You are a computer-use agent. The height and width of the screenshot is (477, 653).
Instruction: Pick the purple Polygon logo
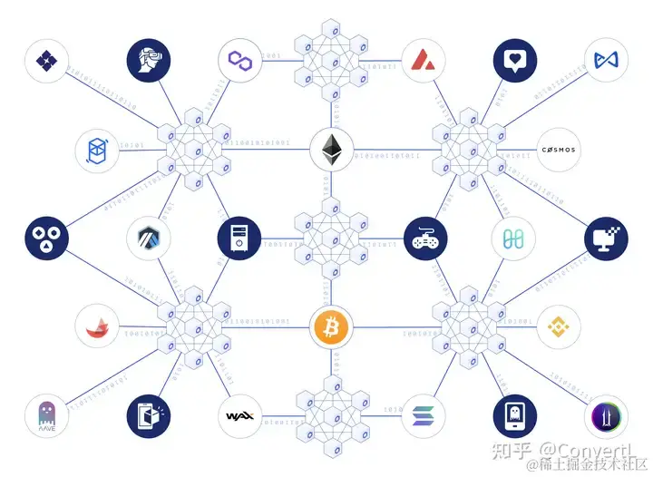coord(240,61)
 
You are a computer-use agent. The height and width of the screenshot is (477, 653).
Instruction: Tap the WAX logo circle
coord(240,417)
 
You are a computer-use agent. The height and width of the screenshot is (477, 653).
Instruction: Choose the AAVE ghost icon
coord(46,417)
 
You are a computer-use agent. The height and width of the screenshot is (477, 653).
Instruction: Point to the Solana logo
coord(423,417)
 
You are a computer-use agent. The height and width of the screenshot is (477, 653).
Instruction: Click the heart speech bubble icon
coord(515,61)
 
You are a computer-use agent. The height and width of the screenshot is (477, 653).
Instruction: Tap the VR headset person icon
coord(148,61)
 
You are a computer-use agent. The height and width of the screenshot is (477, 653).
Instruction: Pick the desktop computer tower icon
coord(239,238)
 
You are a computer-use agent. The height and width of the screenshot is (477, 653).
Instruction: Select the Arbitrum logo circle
coord(148,238)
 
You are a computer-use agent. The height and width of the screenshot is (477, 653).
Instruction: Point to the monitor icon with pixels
coord(607,238)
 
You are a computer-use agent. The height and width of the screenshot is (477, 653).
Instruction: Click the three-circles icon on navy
coord(46,238)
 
